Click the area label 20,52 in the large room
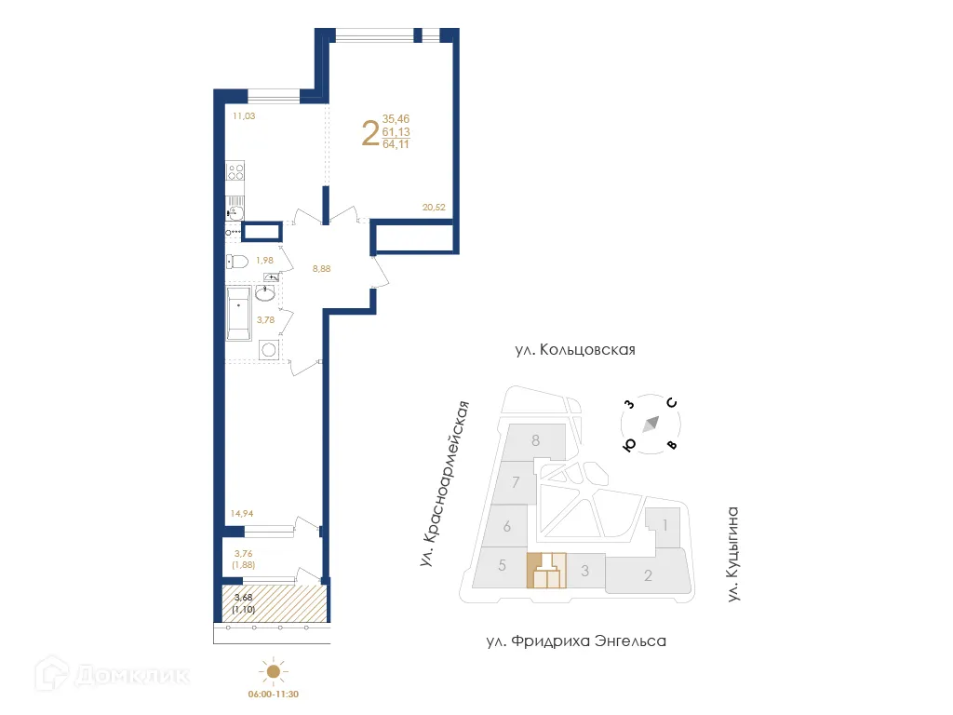pyautogui.click(x=434, y=208)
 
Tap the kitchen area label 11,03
pyautogui.click(x=244, y=116)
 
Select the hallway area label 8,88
pyautogui.click(x=322, y=269)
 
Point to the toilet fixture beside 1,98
pyautogui.click(x=235, y=262)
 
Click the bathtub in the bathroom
pyautogui.click(x=238, y=313)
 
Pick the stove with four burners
pyautogui.click(x=235, y=171)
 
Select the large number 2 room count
pyautogui.click(x=369, y=132)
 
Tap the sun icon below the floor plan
pyautogui.click(x=273, y=670)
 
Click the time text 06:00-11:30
pyautogui.click(x=273, y=694)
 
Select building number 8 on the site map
pyautogui.click(x=536, y=440)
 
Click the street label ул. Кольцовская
pyautogui.click(x=574, y=350)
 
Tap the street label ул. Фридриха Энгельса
pyautogui.click(x=576, y=641)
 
